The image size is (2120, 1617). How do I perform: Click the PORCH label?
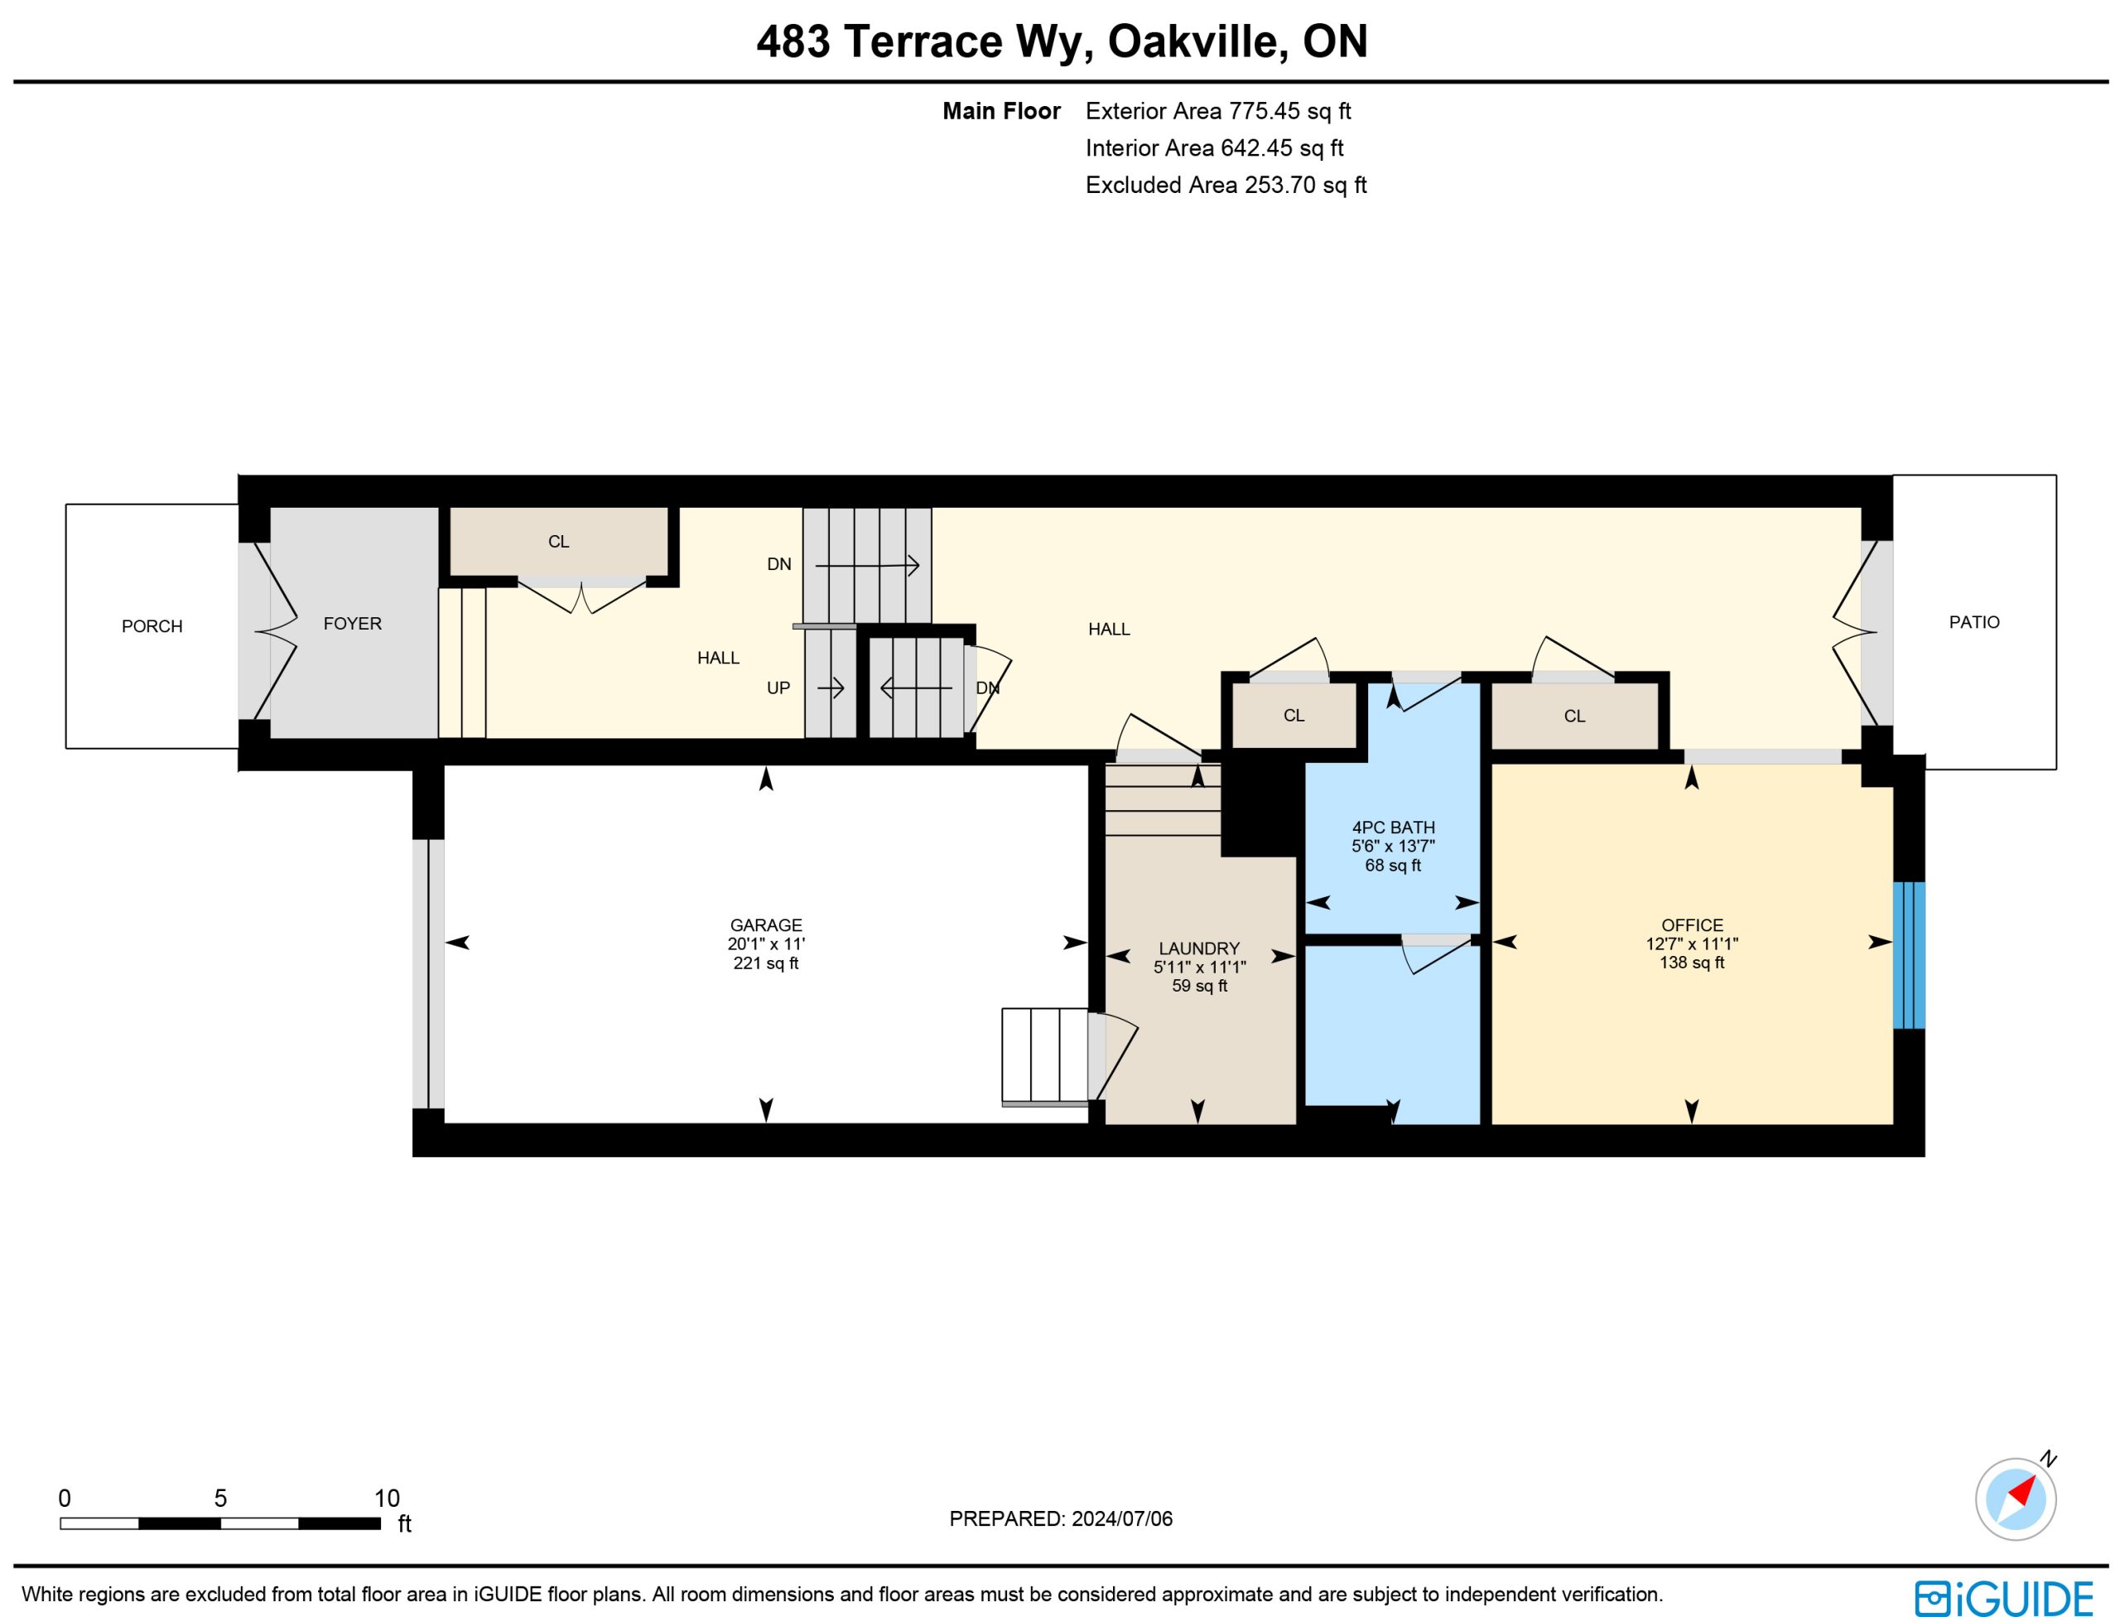coord(152,626)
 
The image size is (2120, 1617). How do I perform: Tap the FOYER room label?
coord(352,624)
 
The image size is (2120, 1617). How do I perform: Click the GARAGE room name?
coord(766,926)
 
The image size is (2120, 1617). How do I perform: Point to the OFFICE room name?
coord(1692,926)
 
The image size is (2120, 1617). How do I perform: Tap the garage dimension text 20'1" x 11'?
coord(766,945)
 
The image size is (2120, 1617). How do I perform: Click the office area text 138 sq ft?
coord(1692,963)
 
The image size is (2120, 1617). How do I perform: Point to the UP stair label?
coord(778,688)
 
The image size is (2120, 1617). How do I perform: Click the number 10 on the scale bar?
coord(387,1499)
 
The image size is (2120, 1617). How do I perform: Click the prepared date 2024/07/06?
coord(1122,1518)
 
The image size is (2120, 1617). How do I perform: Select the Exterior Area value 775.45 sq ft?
coord(1289,112)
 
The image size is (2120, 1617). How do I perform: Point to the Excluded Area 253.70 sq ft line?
coord(1226,185)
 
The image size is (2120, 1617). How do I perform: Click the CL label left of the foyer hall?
coord(558,542)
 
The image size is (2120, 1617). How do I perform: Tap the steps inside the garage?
coord(1045,1055)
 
